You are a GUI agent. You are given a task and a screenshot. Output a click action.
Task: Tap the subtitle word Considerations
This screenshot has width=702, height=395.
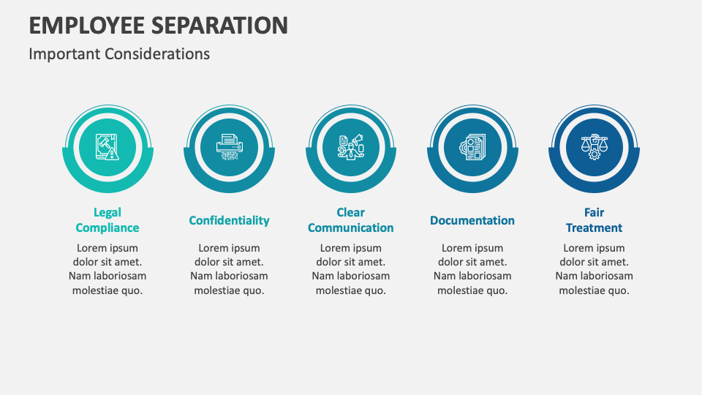tap(157, 54)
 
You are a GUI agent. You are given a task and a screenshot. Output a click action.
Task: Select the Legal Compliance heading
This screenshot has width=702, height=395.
tap(107, 220)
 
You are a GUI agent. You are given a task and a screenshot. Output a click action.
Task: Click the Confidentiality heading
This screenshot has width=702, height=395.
tap(229, 220)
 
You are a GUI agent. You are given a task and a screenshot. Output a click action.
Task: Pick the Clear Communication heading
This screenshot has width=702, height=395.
tap(350, 220)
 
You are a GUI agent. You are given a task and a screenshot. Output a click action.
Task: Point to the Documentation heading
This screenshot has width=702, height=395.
tap(472, 220)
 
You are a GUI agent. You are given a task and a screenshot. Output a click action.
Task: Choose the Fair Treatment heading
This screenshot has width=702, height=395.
tap(594, 220)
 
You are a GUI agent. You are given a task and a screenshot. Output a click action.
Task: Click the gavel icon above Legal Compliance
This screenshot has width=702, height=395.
tap(107, 147)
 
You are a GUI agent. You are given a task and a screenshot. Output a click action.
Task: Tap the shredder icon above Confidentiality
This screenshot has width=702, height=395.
tap(229, 147)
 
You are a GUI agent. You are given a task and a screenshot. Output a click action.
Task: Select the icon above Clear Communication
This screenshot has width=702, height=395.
tap(350, 147)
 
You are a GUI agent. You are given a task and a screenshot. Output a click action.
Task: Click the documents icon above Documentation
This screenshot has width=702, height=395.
tap(472, 147)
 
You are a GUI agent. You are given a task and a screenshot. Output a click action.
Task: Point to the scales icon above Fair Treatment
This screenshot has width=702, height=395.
tap(594, 147)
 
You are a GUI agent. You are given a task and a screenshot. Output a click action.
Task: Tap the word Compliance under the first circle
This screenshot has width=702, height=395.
tap(107, 228)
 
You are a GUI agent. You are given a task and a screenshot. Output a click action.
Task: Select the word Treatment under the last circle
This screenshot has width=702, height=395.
tap(594, 228)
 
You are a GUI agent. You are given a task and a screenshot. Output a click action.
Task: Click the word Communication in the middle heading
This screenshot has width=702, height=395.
tap(350, 228)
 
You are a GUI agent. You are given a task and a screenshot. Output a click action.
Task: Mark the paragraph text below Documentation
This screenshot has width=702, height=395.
tap(472, 269)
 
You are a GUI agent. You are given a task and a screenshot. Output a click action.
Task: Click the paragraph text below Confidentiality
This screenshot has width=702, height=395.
tap(229, 269)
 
